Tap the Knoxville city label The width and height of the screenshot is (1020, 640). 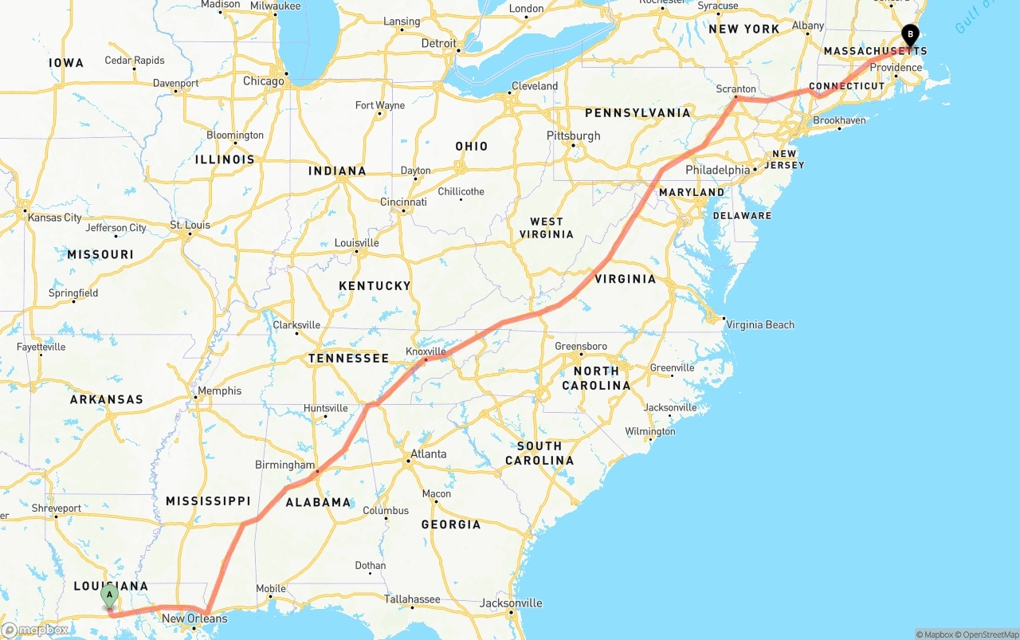pos(426,351)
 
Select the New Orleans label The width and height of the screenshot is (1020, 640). pos(194,618)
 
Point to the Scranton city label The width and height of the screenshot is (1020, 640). pos(736,89)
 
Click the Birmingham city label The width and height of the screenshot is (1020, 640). pos(284,465)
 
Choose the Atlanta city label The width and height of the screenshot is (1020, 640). pos(428,454)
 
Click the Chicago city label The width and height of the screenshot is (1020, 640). pos(263,81)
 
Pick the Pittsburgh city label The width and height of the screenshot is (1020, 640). pos(573,135)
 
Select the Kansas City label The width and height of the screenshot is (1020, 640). pos(54,218)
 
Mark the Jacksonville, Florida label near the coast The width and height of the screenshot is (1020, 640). pos(511,603)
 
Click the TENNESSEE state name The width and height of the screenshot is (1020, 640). pos(348,359)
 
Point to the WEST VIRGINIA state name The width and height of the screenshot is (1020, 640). pos(546,228)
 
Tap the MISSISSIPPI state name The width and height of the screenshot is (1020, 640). pos(208,501)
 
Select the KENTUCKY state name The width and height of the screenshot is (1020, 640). pos(375,285)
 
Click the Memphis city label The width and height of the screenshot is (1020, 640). pos(219,391)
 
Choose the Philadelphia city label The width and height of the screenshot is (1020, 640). pos(717,170)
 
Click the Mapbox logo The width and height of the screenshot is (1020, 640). pos(34,630)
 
